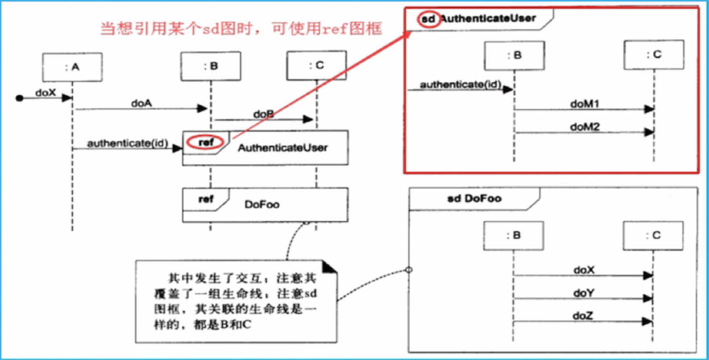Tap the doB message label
point(263,113)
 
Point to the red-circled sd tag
point(428,18)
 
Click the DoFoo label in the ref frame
point(262,205)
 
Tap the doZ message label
point(584,316)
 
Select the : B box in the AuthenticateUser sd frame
point(512,55)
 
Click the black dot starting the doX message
point(21,97)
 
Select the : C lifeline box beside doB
point(316,67)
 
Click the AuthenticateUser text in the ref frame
point(282,148)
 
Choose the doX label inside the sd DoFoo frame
point(584,270)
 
